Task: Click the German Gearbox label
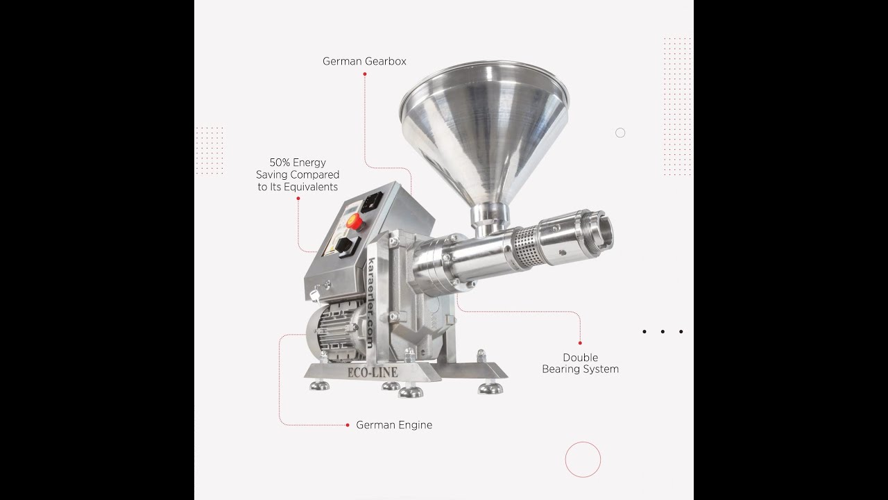point(364,62)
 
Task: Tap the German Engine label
point(394,425)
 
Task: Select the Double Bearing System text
point(581,363)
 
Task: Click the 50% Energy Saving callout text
point(298,174)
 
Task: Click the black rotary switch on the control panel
point(343,246)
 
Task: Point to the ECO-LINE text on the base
point(373,373)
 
